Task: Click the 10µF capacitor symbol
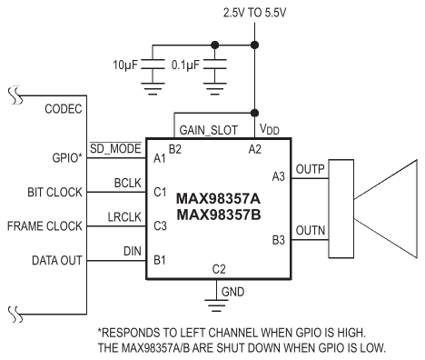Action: tap(153, 65)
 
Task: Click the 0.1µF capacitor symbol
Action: tap(214, 65)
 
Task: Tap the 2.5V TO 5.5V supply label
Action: tap(254, 13)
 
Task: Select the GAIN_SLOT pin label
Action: tap(209, 130)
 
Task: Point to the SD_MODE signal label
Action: tap(115, 148)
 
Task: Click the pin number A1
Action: tap(160, 158)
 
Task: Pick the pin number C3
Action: tap(160, 225)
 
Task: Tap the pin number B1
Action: tap(160, 260)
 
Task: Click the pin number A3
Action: tap(279, 176)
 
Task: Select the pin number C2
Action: tap(219, 269)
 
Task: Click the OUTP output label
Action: tap(310, 169)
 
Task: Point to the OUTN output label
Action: tap(311, 231)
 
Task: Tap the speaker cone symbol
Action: tap(386, 209)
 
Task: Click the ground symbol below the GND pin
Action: tap(216, 305)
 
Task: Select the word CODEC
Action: tap(64, 109)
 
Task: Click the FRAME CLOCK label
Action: tap(44, 226)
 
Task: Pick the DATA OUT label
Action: tap(57, 260)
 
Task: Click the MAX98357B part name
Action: tap(219, 215)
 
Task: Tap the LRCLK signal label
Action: tap(124, 217)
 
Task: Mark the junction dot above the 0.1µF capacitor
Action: tap(214, 45)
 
